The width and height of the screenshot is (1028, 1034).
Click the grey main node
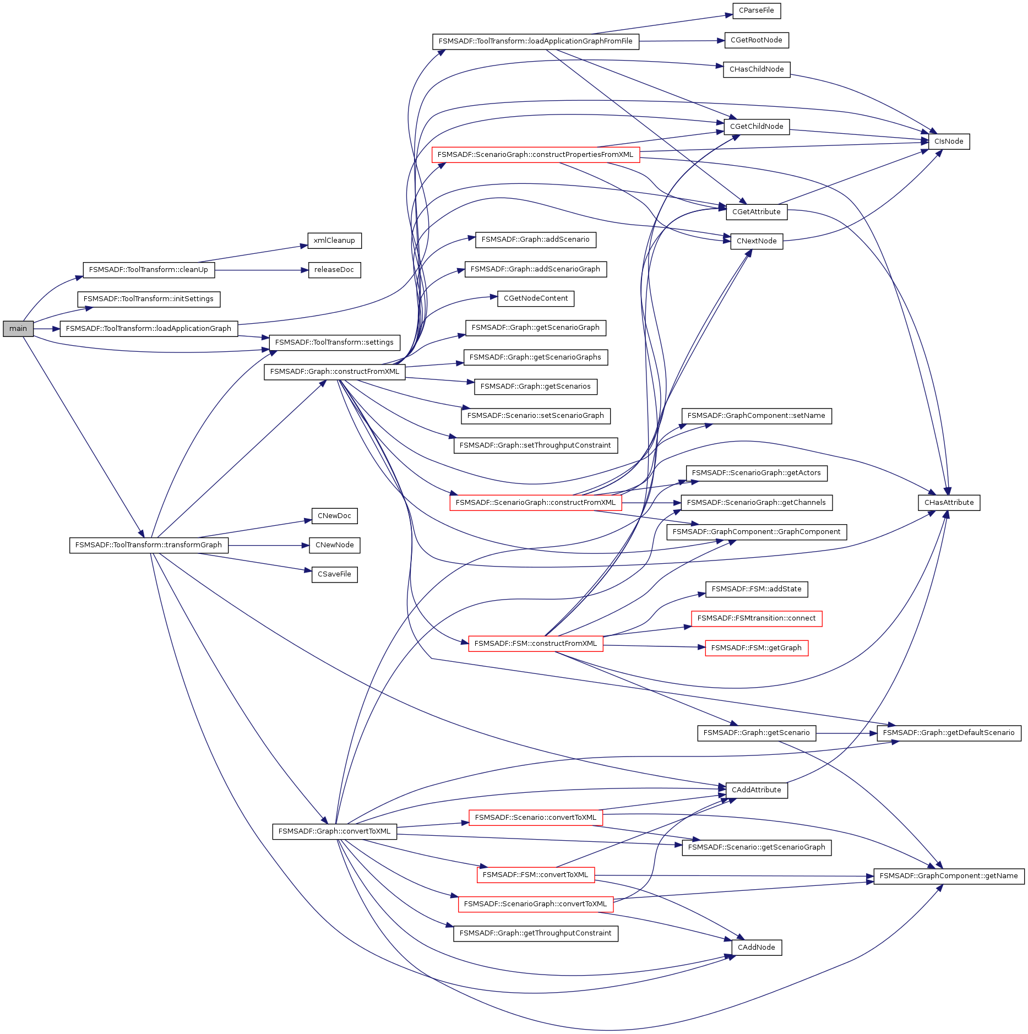(18, 329)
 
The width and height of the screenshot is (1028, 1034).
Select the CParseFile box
(756, 10)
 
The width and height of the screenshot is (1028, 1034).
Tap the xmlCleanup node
(334, 241)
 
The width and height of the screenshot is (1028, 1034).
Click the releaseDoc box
(334, 270)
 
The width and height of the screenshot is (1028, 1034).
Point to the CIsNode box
(949, 142)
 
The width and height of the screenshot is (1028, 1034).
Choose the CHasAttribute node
(949, 503)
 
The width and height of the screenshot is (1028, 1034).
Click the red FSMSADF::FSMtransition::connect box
(756, 618)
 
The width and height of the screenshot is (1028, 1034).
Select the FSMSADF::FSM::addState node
(756, 589)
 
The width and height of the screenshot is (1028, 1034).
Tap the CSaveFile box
(334, 574)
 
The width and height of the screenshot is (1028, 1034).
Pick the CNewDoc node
(334, 516)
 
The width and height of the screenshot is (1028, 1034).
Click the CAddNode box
(756, 948)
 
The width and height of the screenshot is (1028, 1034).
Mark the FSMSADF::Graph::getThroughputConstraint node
(535, 933)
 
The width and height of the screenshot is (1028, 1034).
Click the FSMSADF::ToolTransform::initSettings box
(149, 299)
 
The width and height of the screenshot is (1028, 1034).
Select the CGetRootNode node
(756, 40)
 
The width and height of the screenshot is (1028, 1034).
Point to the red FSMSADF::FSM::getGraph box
(756, 648)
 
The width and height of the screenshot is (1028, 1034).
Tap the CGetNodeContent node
(535, 298)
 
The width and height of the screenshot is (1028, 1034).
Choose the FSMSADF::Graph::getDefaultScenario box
(948, 733)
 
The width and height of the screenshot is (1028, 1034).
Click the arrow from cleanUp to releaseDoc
(259, 270)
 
